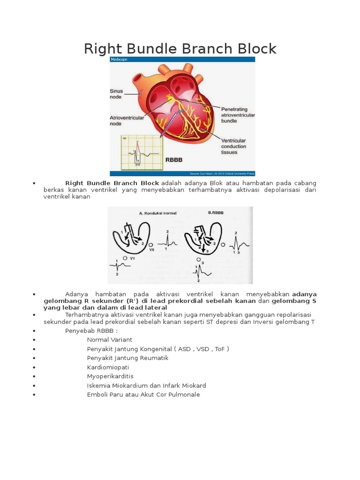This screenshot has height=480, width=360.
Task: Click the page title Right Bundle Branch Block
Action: (180, 48)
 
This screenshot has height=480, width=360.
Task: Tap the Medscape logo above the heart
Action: (119, 60)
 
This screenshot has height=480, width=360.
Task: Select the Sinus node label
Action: (116, 94)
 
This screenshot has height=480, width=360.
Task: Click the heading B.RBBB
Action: (216, 212)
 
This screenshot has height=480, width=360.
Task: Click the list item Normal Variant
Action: (109, 339)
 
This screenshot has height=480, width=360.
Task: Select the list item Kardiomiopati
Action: (108, 367)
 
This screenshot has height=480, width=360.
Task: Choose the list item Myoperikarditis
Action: (110, 376)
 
